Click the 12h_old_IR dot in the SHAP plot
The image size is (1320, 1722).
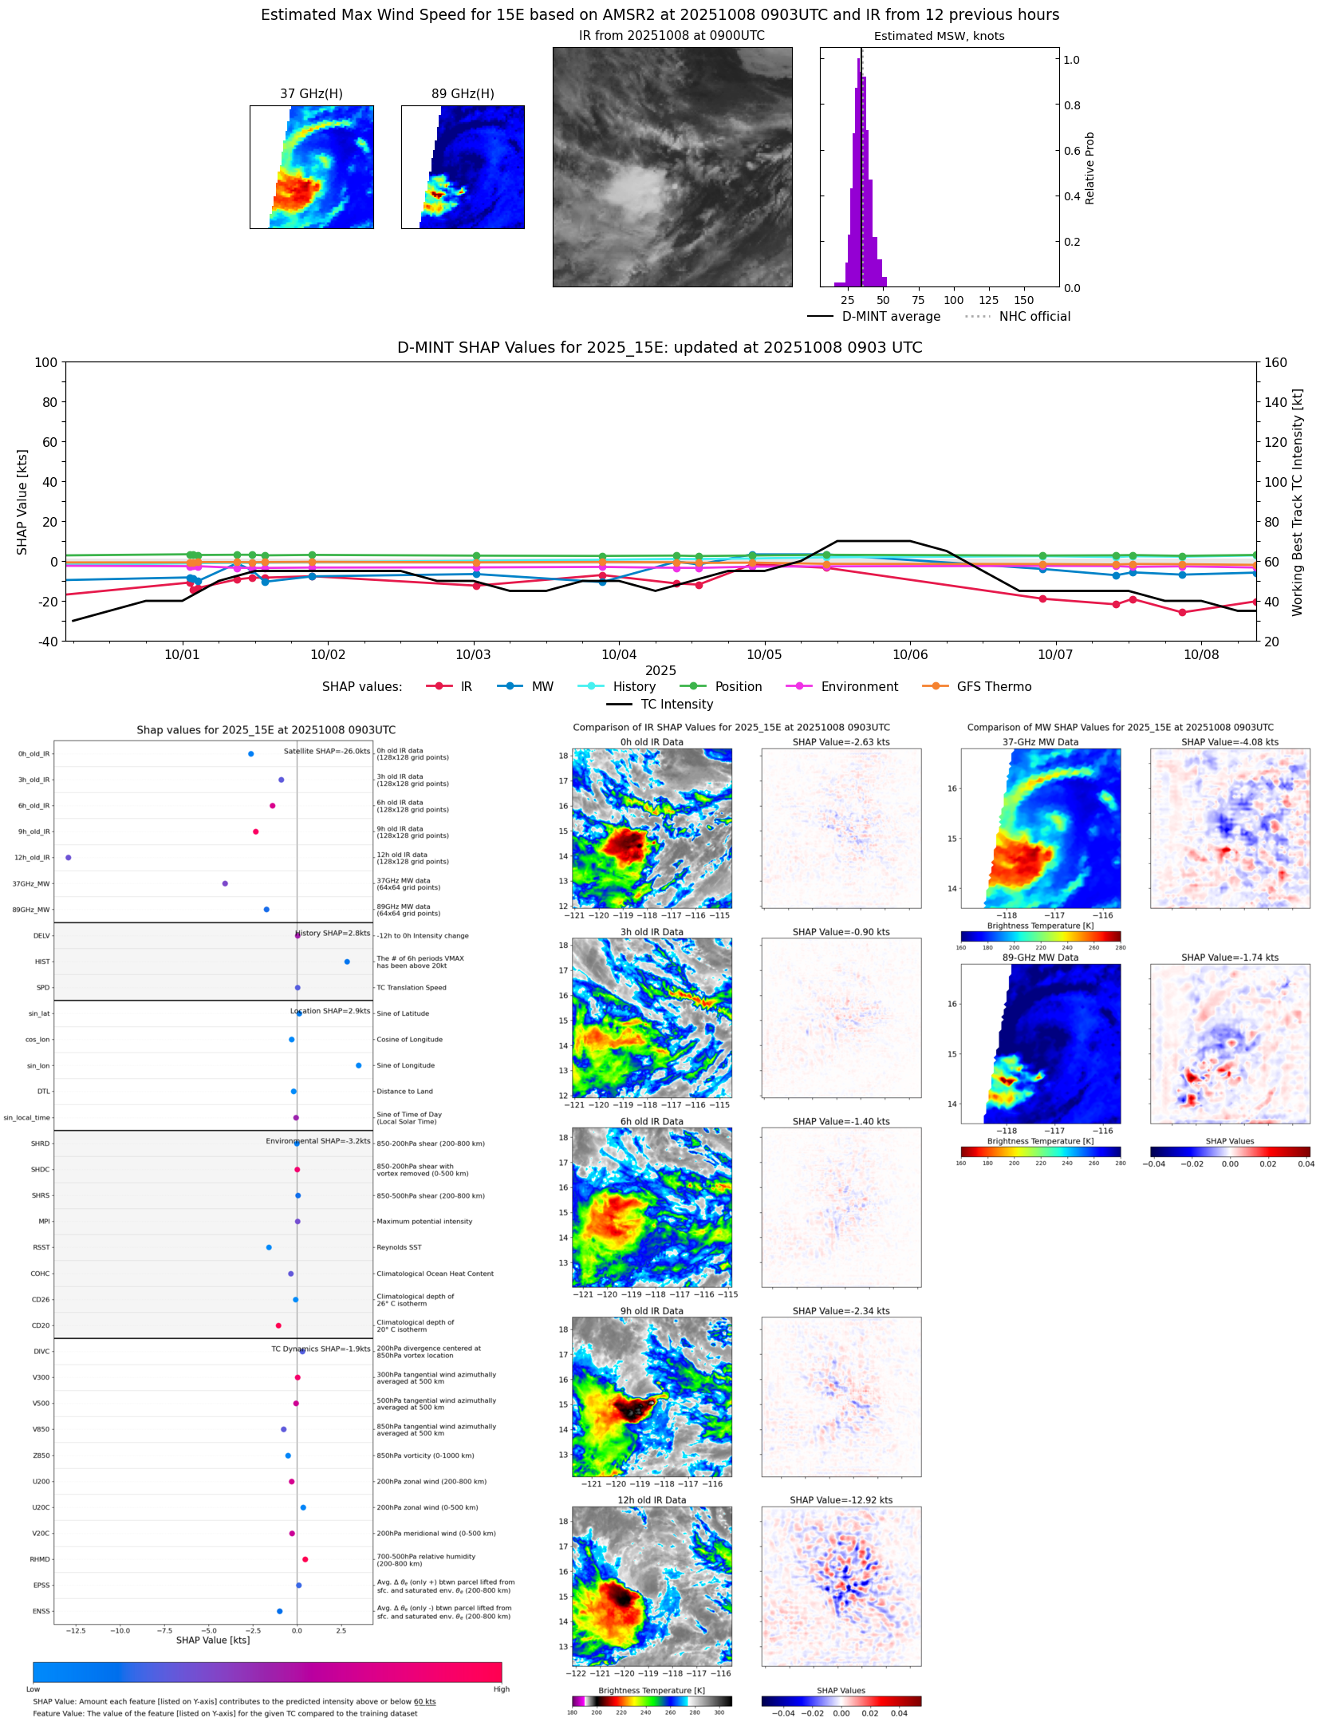point(69,858)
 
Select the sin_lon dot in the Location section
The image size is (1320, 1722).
point(358,1065)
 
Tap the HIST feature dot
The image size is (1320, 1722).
point(347,962)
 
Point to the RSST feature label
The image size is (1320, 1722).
point(41,1247)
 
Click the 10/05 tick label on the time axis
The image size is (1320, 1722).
point(763,655)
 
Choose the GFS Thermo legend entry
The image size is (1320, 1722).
point(977,687)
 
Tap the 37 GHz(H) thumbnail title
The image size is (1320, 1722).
point(311,94)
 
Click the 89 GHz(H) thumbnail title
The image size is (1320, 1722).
point(463,94)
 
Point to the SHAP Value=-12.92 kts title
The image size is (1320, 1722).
point(841,1500)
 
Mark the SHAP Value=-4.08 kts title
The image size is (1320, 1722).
point(1229,742)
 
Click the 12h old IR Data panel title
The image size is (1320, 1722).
point(652,1500)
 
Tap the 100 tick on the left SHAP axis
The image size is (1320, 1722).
point(46,362)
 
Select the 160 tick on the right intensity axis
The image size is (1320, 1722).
point(1275,362)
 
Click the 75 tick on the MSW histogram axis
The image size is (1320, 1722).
point(918,301)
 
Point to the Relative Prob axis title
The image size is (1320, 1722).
point(1089,168)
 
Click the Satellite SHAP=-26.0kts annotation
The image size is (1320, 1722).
point(327,751)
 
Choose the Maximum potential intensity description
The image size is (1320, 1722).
point(424,1222)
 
